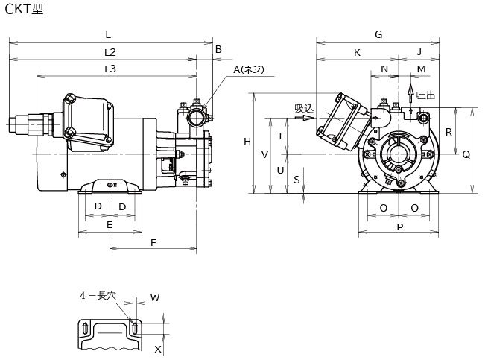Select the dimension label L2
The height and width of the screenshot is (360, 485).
click(110, 52)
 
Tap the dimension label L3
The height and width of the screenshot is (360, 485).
click(110, 69)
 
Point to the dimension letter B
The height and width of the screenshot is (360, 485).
click(218, 50)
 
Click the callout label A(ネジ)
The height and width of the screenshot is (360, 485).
click(249, 69)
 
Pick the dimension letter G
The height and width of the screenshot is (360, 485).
click(378, 34)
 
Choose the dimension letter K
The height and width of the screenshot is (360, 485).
click(357, 52)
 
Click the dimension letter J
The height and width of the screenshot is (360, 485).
click(419, 52)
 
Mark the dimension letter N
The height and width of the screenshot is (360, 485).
click(384, 69)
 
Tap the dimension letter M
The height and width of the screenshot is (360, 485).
click(421, 69)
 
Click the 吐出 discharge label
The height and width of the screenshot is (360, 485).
click(425, 95)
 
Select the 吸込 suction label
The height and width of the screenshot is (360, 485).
click(304, 108)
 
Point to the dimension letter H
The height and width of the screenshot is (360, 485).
click(247, 142)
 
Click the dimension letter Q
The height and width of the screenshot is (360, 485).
click(466, 154)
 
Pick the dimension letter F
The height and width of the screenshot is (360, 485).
click(153, 242)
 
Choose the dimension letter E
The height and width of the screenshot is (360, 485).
click(110, 224)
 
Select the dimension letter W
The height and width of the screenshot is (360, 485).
click(155, 298)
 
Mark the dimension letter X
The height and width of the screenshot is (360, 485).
click(157, 348)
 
